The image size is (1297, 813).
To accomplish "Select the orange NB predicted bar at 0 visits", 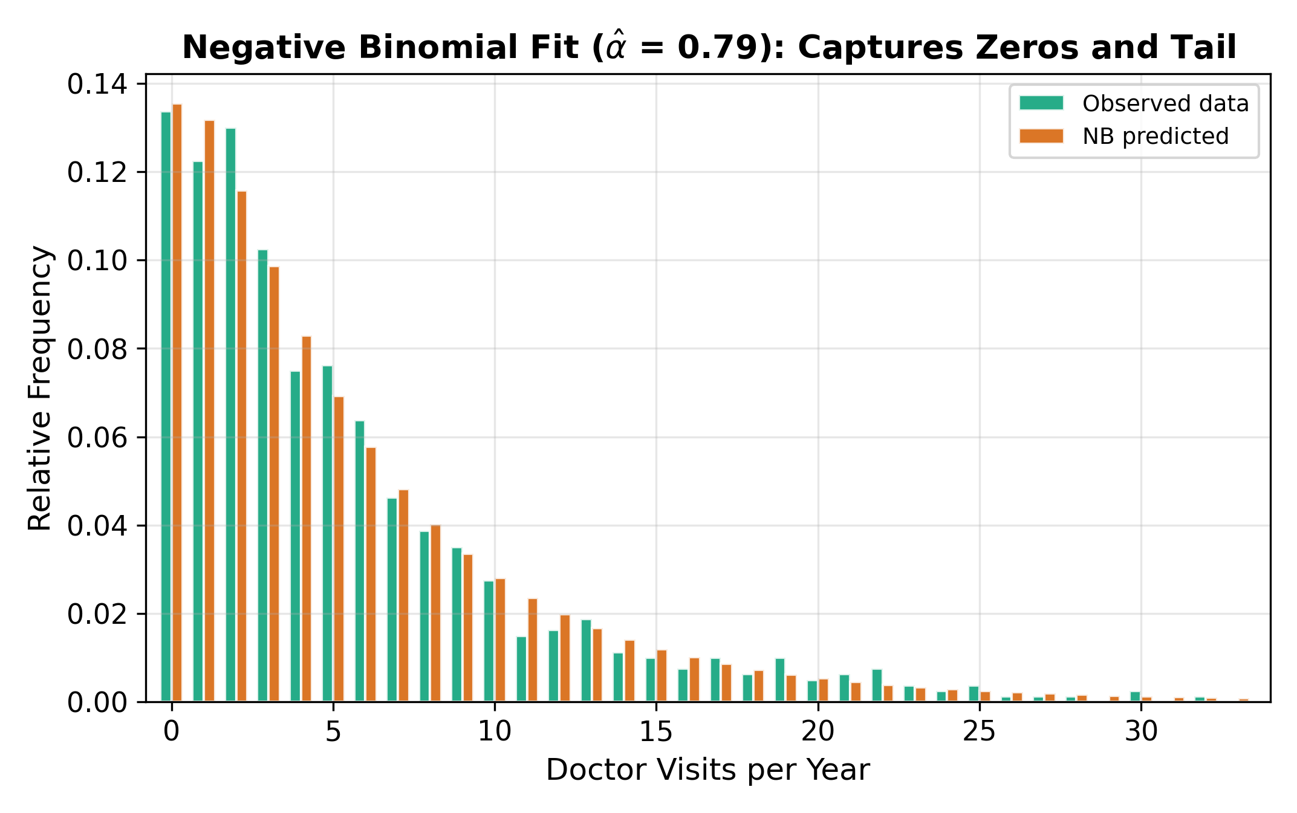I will click(x=177, y=403).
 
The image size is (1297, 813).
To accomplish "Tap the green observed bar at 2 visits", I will click(x=230, y=415).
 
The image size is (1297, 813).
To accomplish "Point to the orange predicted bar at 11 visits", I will click(x=533, y=650).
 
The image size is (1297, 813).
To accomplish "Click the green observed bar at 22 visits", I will click(x=877, y=685).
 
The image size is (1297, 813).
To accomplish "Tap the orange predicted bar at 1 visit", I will click(x=209, y=411).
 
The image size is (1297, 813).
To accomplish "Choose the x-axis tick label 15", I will click(x=656, y=732).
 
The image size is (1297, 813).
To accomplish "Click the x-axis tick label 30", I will click(x=1141, y=732).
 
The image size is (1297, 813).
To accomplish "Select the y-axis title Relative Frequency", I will click(x=41, y=388).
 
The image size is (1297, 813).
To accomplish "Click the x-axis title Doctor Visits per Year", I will click(x=707, y=770).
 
